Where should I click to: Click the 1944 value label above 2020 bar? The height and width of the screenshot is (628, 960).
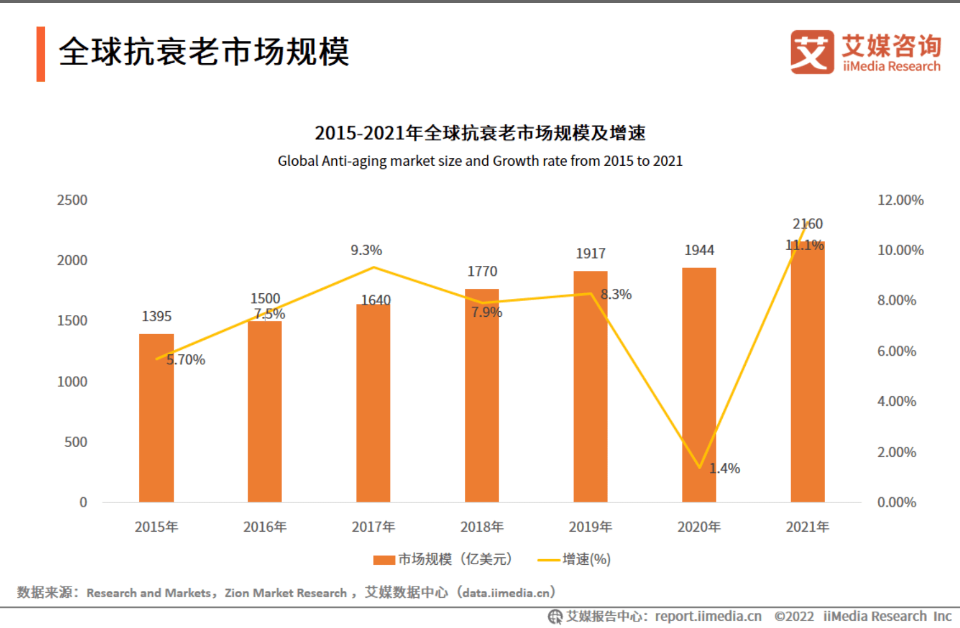coord(699,250)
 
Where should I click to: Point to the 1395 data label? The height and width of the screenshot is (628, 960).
coord(156,316)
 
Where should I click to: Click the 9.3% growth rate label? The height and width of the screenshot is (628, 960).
coord(366,250)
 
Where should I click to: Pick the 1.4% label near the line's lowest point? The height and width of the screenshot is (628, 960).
coord(724,468)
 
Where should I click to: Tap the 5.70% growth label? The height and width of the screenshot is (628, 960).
coord(186,360)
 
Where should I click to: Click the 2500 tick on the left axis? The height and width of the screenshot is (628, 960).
coord(72,200)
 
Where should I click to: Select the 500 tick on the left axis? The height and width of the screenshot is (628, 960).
coord(76,442)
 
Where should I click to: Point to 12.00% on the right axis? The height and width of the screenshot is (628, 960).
coord(900,200)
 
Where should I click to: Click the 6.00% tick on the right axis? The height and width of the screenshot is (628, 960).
coord(896,352)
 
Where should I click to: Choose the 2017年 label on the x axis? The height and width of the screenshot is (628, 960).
coord(373,527)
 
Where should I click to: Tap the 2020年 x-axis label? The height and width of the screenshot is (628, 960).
coord(699,527)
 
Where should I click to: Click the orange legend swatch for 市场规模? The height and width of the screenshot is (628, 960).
coord(384,560)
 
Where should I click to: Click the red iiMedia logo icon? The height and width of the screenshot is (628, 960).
coord(812,52)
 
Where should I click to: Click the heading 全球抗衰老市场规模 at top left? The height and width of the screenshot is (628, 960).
coord(204,52)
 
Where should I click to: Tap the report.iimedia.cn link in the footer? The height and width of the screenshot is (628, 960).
coord(708,616)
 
